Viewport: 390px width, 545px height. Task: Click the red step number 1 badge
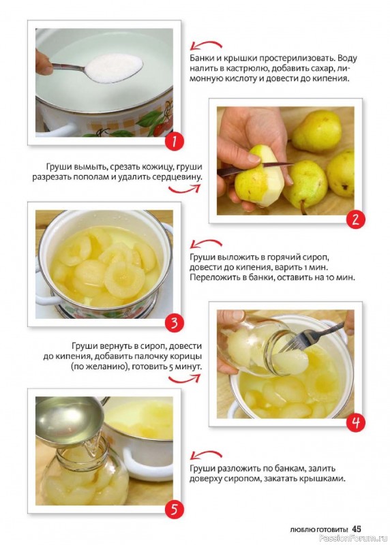tap(174, 141)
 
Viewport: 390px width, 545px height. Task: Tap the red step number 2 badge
tap(355, 219)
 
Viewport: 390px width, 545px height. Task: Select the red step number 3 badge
tap(174, 323)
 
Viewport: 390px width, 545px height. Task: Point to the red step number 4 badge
tap(355, 422)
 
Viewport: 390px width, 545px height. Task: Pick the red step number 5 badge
tap(174, 510)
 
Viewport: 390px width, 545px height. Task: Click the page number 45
tap(357, 529)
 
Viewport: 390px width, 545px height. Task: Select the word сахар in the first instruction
tap(315, 68)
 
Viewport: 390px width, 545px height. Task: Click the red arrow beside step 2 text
tap(184, 189)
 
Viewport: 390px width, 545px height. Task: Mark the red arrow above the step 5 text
tap(206, 454)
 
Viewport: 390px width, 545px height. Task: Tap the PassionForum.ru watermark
tap(352, 538)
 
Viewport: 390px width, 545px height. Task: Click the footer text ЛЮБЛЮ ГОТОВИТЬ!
tap(319, 530)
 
